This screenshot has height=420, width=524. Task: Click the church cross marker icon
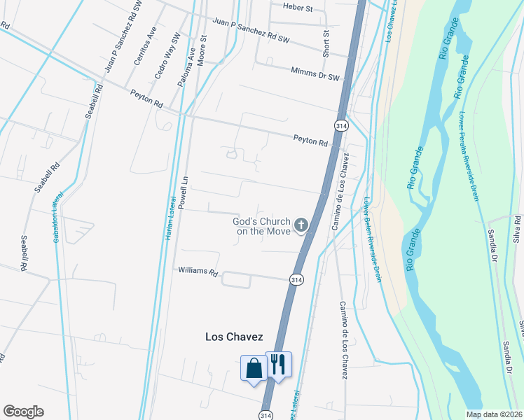point(302,225)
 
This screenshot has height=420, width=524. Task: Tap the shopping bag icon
point(253,367)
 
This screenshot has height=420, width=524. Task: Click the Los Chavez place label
point(234,337)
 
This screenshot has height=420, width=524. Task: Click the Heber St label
point(298,6)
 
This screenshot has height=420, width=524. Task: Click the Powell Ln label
point(183,193)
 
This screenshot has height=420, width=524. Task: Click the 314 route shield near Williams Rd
point(296,279)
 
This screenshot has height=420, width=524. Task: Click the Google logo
point(23,412)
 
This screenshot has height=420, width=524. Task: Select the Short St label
point(326,43)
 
